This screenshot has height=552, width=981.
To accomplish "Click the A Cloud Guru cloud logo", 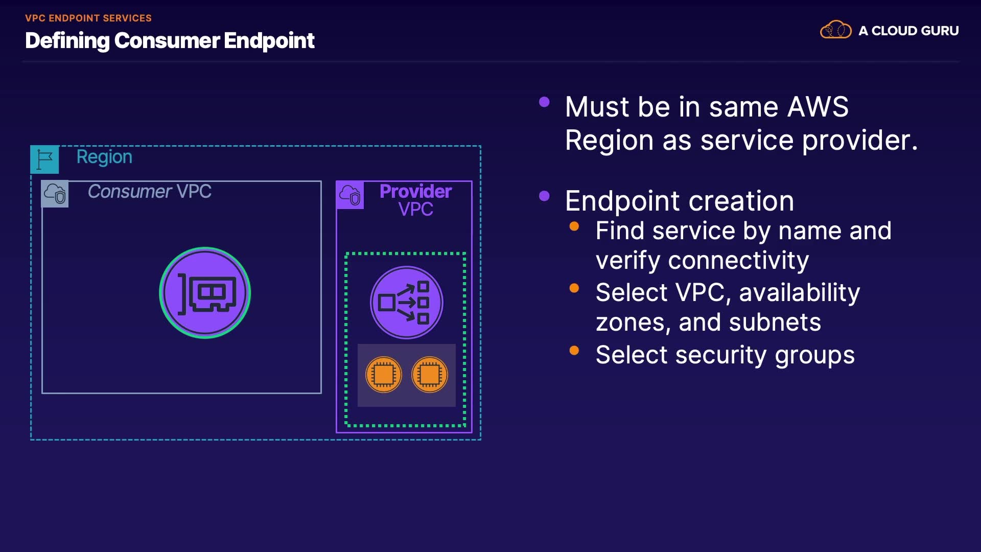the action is (x=835, y=30).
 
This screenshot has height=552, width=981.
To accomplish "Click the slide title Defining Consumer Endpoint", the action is (x=170, y=40).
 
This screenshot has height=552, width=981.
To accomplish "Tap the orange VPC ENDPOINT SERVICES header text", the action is (x=88, y=18).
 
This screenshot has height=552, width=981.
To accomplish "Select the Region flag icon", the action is (x=44, y=159).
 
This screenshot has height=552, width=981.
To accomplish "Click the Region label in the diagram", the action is (x=104, y=157).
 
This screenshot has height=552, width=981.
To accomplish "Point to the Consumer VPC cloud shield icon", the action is (x=55, y=194).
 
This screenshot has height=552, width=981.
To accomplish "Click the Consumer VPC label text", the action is (x=149, y=191).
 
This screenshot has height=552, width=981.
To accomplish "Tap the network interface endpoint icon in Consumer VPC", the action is (x=205, y=293).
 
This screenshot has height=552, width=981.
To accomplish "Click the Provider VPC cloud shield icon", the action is (x=350, y=195).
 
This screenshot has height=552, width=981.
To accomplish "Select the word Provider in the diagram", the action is (x=415, y=191).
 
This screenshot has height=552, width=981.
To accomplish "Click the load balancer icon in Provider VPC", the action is (x=406, y=303).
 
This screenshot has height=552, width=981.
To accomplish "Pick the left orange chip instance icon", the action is (x=384, y=375).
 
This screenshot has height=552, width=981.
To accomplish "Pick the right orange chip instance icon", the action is (x=429, y=375).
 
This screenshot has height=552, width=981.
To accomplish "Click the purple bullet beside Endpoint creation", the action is (x=544, y=196).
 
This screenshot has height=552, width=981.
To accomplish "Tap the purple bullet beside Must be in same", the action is (x=544, y=102).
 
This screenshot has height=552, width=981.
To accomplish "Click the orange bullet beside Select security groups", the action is (x=574, y=350).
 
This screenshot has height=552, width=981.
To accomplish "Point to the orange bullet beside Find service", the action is (x=574, y=226).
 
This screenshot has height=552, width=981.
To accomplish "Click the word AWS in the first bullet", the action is (x=818, y=107).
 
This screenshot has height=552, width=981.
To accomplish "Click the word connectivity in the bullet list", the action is (x=738, y=261).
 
